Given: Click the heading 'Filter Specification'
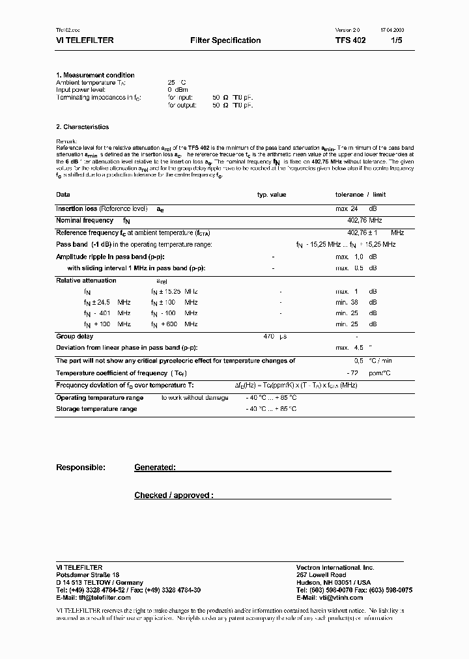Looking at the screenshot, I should coord(225,40).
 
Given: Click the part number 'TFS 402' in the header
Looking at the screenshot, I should coord(350,40).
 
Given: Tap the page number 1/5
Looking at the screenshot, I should coord(397,40).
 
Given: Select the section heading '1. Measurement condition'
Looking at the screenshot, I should coord(95,76).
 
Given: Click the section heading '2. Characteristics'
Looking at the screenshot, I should coord(82,127).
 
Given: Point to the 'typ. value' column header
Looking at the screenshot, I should coord(271,195).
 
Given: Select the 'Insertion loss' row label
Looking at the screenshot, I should coord(77,209).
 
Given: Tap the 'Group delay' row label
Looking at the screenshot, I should coord(75,337).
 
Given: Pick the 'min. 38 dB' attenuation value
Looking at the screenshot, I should coord(356,302).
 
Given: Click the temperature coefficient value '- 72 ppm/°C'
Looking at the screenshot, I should coord(365,372).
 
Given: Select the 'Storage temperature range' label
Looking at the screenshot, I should coord(96,409).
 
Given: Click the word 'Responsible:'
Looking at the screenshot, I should coord(81,468).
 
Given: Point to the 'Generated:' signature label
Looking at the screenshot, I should coord(155,468).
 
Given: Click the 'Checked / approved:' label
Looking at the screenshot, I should coord(173,496).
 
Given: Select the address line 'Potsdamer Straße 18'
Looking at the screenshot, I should coord(87,575).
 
